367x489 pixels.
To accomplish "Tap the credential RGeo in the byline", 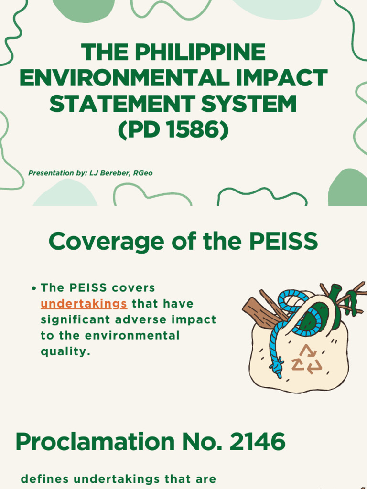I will point(143,173).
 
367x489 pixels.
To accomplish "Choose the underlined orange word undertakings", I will point(84,304).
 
